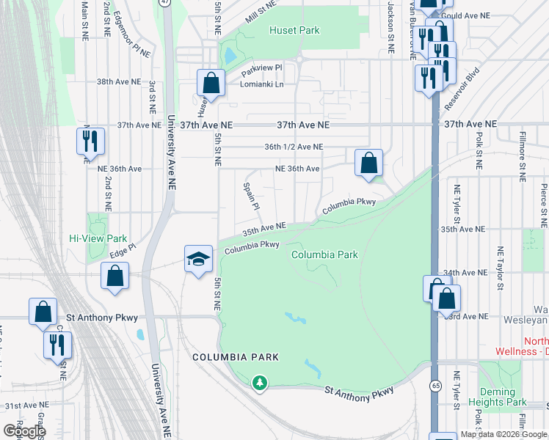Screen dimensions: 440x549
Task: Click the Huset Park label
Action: (x=294, y=30)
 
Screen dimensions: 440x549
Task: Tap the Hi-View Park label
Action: (x=98, y=238)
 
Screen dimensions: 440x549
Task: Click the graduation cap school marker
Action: (x=198, y=260)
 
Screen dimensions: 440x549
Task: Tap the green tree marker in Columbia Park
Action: (x=258, y=382)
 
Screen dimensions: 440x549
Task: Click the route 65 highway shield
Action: (x=436, y=384)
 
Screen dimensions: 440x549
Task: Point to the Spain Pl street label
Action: (x=250, y=196)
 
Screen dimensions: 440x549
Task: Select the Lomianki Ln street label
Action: (x=262, y=84)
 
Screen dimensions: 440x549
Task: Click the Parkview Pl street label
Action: (x=262, y=67)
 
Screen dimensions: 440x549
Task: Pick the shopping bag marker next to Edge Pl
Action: (x=115, y=276)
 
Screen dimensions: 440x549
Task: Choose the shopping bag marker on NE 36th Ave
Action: (x=369, y=163)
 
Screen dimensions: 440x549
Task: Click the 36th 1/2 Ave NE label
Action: (x=294, y=147)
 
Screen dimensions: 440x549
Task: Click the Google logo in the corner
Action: (x=24, y=431)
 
